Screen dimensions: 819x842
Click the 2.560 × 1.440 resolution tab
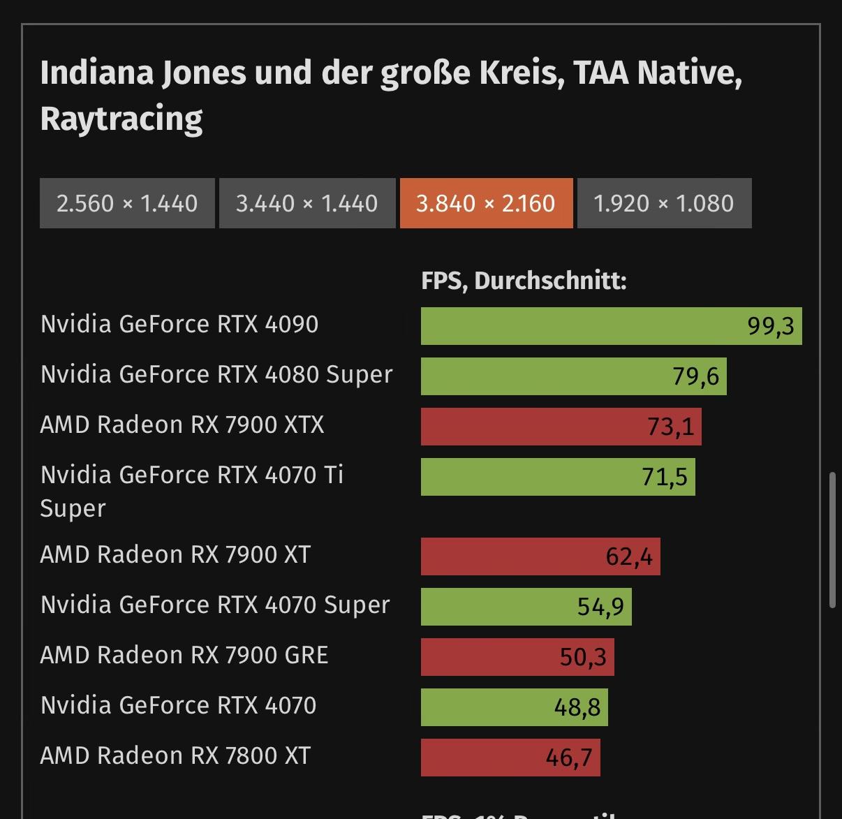point(127,203)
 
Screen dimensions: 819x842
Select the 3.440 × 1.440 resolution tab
point(307,203)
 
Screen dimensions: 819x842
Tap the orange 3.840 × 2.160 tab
point(486,203)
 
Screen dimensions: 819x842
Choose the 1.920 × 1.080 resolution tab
point(664,203)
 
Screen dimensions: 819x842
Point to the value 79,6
point(695,377)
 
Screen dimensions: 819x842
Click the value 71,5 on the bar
point(665,478)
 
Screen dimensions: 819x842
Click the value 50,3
point(583,657)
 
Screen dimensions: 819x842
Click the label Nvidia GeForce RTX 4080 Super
point(216,375)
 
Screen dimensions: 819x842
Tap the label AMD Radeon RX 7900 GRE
point(184,656)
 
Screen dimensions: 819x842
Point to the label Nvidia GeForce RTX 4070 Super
point(215,605)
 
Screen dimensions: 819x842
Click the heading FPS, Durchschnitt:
point(524,281)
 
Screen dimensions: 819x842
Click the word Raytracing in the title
point(121,119)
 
